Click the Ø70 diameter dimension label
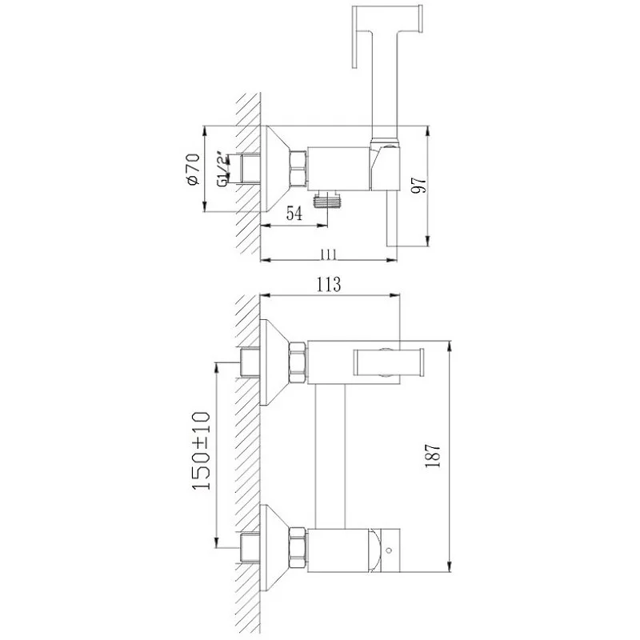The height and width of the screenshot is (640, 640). tap(194, 169)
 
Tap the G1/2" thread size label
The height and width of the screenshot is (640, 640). tap(222, 170)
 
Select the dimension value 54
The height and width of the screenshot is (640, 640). tap(294, 214)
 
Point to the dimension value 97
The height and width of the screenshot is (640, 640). tap(419, 185)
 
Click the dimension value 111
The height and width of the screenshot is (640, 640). tap(328, 254)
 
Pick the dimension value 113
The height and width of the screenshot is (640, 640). tap(329, 284)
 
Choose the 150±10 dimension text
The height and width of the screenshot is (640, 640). tap(201, 450)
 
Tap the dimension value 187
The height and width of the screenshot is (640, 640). tap(433, 455)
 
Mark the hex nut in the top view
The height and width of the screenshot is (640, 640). tap(298, 170)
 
